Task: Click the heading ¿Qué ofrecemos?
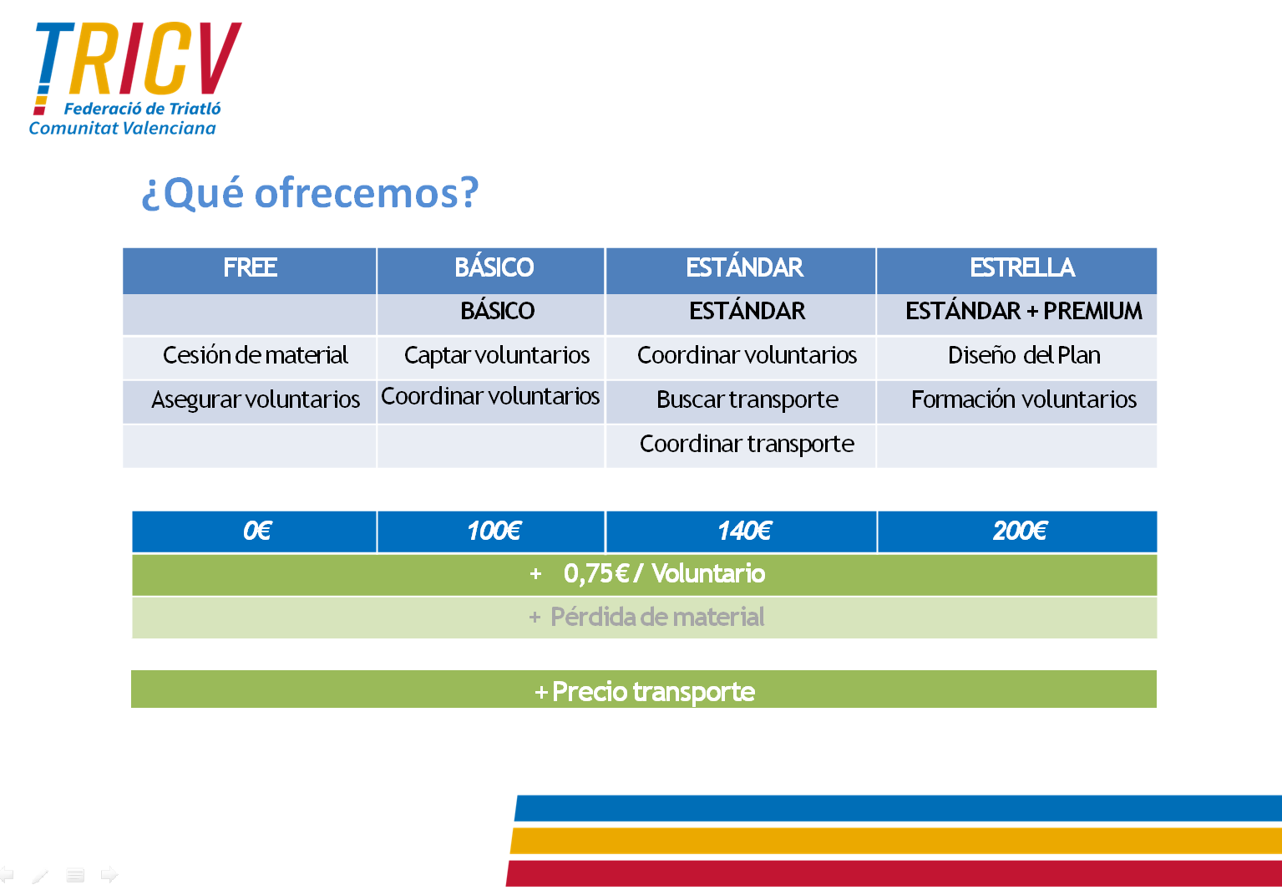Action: coord(310,193)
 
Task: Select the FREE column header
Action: coord(250,271)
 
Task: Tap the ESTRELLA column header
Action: coord(1016,271)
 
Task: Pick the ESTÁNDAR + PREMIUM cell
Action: coord(1016,314)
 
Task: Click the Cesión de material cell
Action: coord(250,358)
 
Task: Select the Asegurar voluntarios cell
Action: coord(250,402)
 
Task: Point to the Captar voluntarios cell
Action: coord(490,358)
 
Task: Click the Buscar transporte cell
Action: coord(741,402)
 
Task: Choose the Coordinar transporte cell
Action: coord(741,446)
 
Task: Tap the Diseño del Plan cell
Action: coord(1016,358)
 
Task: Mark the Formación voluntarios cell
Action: coord(1016,402)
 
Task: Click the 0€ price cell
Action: coord(254,531)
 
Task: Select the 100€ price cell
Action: coord(490,531)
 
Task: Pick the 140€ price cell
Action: coord(741,531)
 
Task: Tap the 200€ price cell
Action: coord(1017,531)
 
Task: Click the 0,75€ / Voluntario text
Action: coord(664,574)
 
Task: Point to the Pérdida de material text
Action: coord(657,618)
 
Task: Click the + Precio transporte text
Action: coord(645,692)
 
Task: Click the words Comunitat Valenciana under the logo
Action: coord(123,129)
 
